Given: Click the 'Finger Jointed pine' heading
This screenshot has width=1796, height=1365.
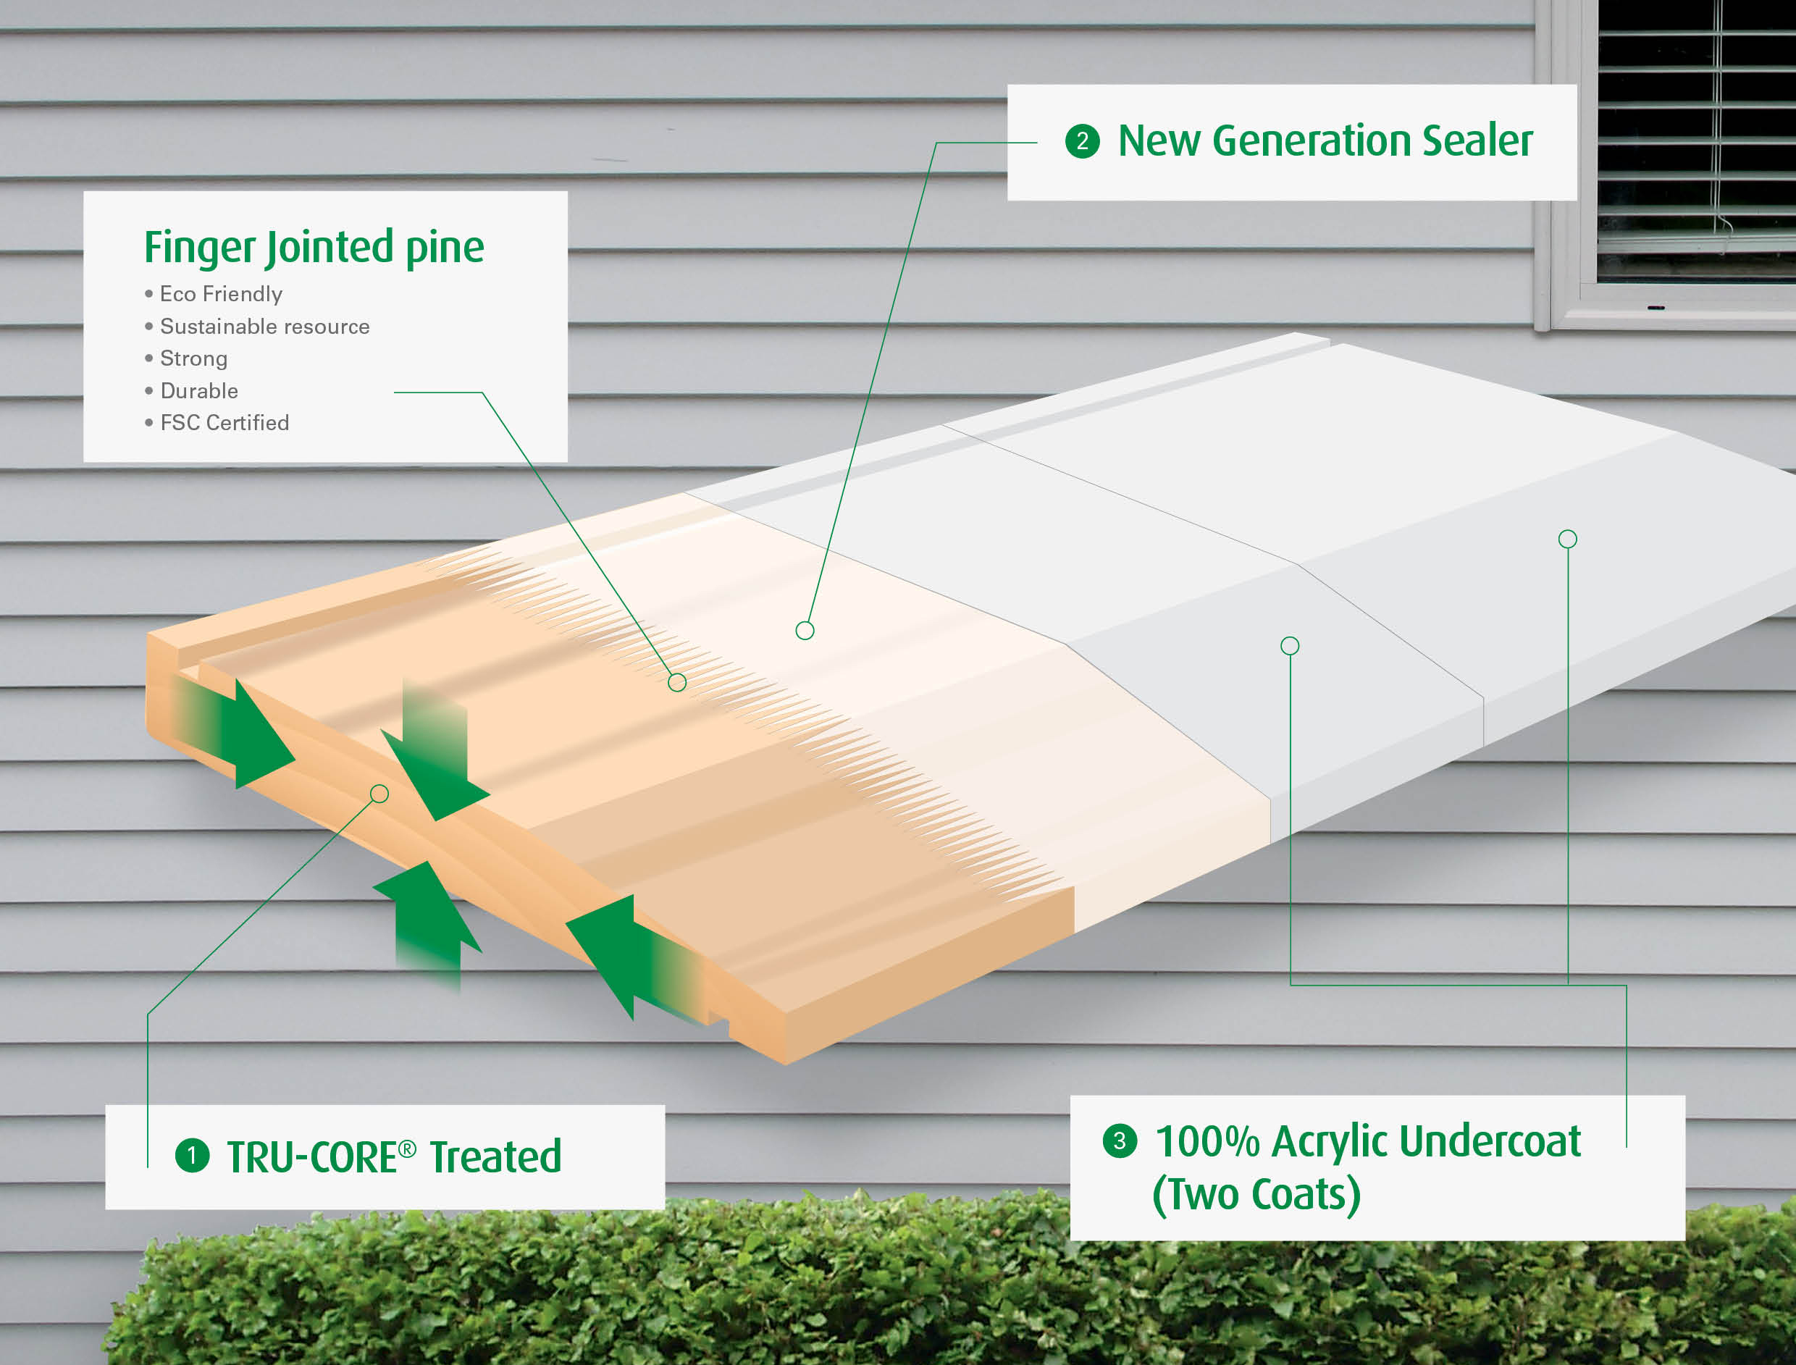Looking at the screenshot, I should coord(314,248).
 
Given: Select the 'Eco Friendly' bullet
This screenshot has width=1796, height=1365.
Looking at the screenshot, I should coord(220,294).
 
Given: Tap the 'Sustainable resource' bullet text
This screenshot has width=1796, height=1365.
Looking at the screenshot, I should coord(264,327).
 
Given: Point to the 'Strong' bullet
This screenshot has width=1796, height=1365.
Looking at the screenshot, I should coord(193,358).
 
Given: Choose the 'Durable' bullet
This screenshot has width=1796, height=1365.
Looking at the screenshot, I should coord(199,391).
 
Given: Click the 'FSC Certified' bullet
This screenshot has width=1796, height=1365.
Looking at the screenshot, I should coord(224,422).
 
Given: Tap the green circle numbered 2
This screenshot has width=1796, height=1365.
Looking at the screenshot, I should coord(1082,141).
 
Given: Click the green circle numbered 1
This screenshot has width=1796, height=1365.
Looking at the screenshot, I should coord(193,1156).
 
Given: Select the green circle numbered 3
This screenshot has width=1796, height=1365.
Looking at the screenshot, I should coord(1120,1141).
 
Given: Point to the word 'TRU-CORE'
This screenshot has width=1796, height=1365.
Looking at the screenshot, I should coord(314,1157).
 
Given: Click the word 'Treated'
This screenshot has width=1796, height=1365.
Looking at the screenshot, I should coord(495,1157).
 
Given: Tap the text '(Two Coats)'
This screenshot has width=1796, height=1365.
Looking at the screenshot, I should coord(1256,1193).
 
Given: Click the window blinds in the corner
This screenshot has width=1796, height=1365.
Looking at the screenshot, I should coord(1696,138).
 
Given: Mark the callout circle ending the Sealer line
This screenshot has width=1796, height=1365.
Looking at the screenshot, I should coord(805,630).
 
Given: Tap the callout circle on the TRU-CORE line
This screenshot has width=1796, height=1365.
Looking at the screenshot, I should coord(379,793).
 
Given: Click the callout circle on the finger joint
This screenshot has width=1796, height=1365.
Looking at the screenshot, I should coord(677,682).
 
